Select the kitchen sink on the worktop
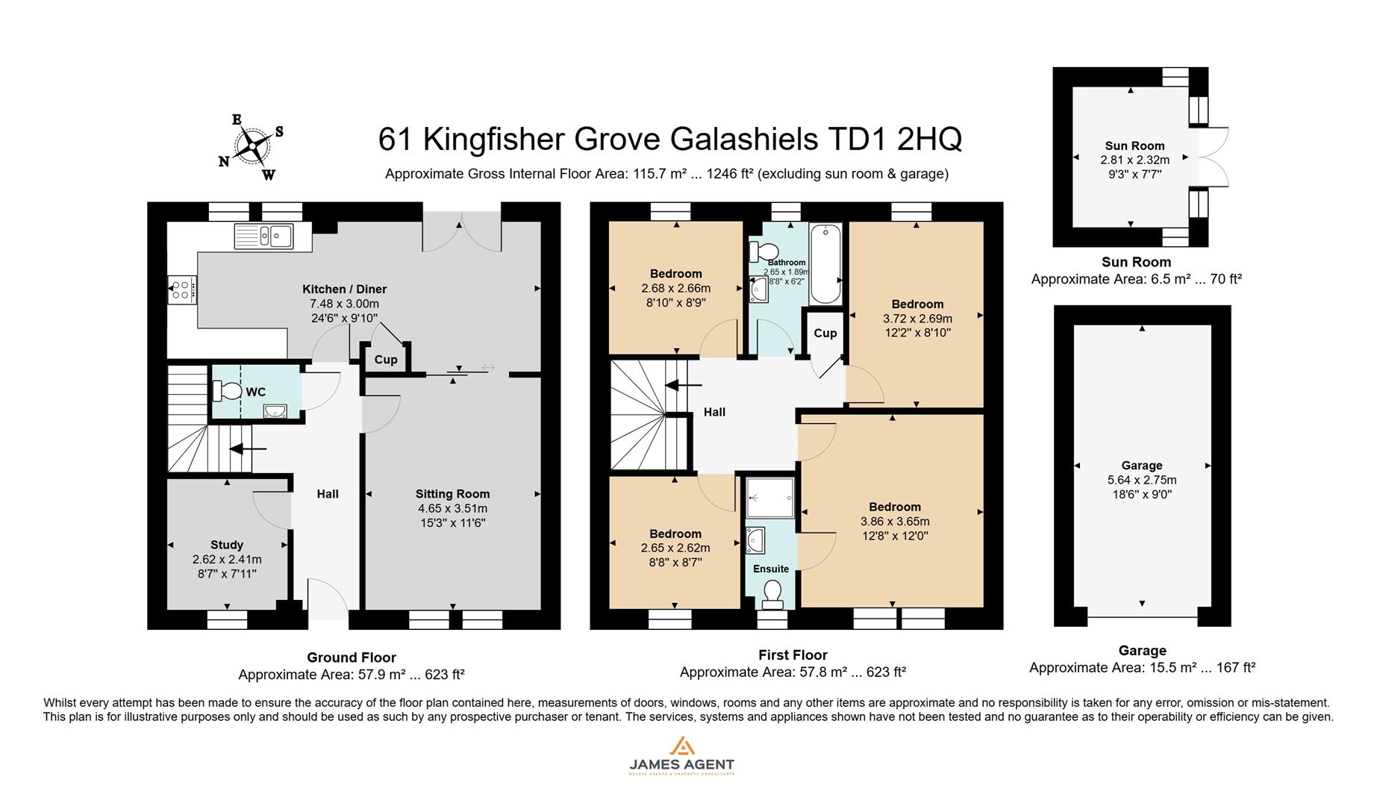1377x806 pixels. click(264, 236)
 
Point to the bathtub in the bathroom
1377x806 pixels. click(825, 263)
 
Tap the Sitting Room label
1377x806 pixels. click(452, 494)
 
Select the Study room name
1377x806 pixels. click(227, 545)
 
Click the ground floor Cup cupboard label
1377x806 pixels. click(386, 360)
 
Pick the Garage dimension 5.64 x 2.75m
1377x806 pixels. click(1142, 480)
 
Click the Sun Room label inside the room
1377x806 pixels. click(1134, 146)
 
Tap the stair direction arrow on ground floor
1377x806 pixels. click(248, 449)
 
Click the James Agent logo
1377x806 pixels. click(681, 755)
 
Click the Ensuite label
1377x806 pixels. click(771, 569)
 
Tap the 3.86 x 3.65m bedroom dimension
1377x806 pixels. click(895, 522)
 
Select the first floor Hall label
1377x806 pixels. click(714, 412)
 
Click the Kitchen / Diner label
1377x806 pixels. click(344, 289)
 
